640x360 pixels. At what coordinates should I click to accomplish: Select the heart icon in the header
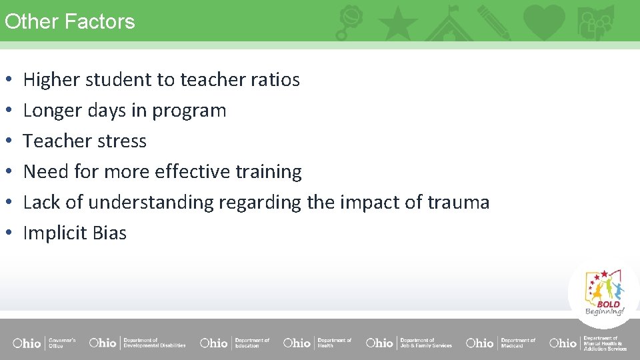tap(544, 21)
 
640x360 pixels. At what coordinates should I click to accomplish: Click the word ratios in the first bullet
tap(275, 80)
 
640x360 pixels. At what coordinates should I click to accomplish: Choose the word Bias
tap(109, 233)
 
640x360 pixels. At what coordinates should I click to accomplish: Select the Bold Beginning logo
tap(604, 292)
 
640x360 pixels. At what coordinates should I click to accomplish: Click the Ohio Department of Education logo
tap(235, 343)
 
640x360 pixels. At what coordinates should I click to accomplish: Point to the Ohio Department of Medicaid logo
tap(501, 343)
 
